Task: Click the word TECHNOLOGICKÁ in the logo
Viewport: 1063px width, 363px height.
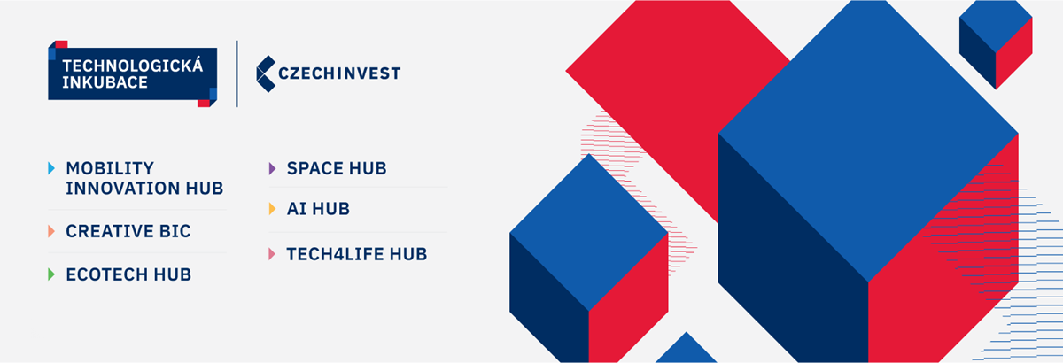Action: coord(132,66)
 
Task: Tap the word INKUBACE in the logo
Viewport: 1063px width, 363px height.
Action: coord(105,82)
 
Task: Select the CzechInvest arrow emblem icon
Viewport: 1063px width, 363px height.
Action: coord(266,73)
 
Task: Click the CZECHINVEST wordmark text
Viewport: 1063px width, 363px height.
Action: coord(339,73)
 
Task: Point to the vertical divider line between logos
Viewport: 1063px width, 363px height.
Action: coord(237,73)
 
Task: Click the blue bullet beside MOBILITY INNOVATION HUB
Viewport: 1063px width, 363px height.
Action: coord(51,168)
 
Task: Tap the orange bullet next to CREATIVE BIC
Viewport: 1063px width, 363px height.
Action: coord(51,231)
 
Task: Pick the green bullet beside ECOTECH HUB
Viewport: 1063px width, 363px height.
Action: coord(51,274)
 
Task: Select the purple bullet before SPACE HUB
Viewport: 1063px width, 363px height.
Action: coord(272,168)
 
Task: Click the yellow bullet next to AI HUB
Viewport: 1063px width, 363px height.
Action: coord(272,209)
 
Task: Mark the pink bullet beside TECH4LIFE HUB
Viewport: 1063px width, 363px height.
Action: coord(272,254)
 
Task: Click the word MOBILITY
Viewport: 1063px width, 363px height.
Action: coord(110,168)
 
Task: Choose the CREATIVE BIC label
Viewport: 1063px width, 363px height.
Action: coord(128,231)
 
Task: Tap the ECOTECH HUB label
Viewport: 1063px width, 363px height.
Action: coord(128,274)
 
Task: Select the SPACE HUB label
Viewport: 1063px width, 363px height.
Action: coord(337,168)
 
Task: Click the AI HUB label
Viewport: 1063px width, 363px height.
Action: coord(318,209)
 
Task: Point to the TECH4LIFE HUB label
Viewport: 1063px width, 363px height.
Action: coord(357,254)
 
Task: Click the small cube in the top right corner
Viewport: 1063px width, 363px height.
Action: coord(996,44)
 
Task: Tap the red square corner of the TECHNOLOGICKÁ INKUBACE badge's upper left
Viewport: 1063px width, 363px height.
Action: coord(61,44)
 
